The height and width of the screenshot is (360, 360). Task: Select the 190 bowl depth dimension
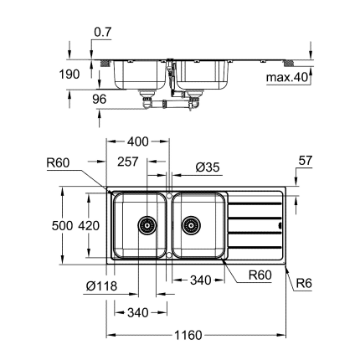71,75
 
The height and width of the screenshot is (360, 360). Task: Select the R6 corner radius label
305,285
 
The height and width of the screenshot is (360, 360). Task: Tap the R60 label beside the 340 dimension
260,275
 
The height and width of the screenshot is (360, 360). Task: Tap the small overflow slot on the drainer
279,224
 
